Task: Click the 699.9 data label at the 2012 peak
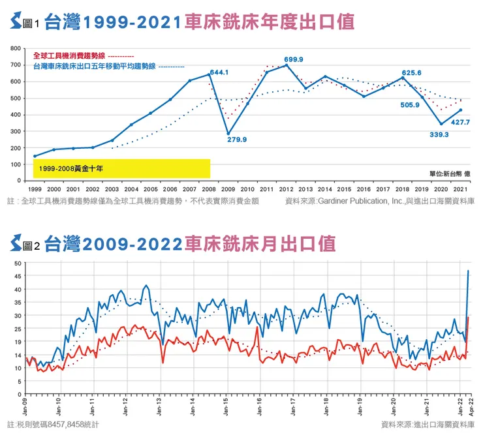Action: click(293, 59)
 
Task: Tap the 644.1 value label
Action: click(218, 72)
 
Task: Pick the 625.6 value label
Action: click(411, 72)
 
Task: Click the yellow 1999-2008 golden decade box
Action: click(121, 168)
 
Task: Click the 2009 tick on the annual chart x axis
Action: click(228, 188)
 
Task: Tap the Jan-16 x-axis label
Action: click(260, 406)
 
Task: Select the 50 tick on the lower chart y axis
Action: click(19, 264)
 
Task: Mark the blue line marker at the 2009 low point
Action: click(228, 134)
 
